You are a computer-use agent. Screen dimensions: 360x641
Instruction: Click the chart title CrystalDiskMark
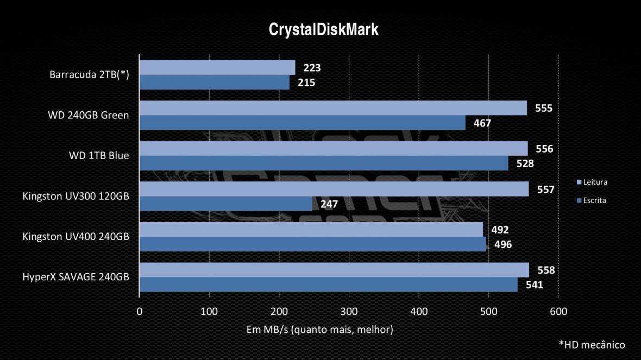coord(324,29)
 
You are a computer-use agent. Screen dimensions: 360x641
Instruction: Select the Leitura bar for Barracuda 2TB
coord(217,67)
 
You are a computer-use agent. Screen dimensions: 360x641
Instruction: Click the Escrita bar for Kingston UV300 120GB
coord(226,204)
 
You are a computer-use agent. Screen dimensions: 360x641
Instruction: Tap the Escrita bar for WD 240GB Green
coord(303,123)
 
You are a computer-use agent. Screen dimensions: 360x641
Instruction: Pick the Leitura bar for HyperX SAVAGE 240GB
coord(334,270)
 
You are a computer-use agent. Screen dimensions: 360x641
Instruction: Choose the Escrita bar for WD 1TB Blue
coord(324,163)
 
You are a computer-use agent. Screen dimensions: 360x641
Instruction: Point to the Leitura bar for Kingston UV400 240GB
coord(311,229)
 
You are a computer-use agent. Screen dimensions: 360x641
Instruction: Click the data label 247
coord(329,204)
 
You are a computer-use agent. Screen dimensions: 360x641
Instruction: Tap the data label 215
coord(306,83)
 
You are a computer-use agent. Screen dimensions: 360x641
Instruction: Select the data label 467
coord(482,123)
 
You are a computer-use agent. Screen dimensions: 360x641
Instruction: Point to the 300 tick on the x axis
coord(349,312)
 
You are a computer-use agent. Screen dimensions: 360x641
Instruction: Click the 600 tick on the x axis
coord(558,312)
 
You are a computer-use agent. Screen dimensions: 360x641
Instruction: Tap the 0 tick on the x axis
coord(140,312)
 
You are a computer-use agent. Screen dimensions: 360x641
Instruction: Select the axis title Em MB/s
coord(319,330)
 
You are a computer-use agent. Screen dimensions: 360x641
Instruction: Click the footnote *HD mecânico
coord(592,344)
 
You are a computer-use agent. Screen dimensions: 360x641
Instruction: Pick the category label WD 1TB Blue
coord(99,156)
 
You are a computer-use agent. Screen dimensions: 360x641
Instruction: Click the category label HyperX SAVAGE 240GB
coord(76,277)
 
